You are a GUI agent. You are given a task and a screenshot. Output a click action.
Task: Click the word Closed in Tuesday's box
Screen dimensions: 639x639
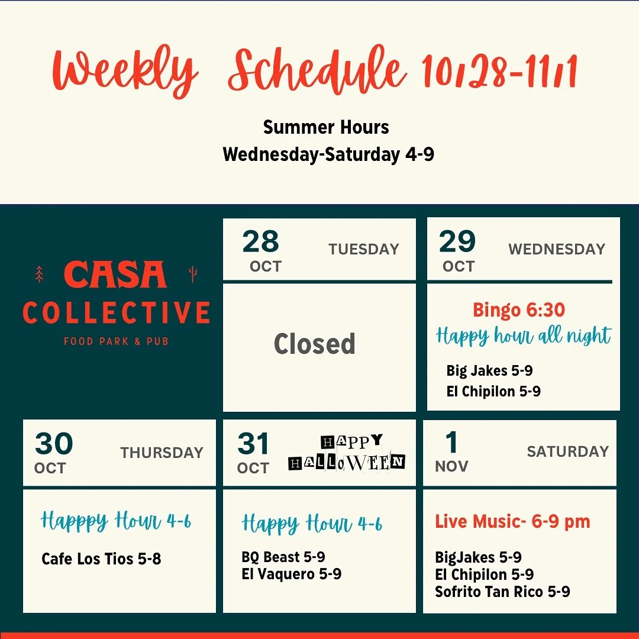point(314,344)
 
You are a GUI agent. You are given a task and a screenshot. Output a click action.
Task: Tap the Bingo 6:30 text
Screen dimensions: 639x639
point(518,309)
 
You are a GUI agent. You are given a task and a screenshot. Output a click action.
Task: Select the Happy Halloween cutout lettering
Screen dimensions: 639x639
point(347,453)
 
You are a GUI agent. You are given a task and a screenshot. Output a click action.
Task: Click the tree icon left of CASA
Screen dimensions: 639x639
point(40,274)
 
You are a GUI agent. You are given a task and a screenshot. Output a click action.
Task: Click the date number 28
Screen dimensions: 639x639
point(260,242)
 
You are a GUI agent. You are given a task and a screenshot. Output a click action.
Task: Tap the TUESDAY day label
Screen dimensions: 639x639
point(364,249)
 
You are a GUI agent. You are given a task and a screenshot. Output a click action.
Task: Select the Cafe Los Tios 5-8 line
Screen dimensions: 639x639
point(101,559)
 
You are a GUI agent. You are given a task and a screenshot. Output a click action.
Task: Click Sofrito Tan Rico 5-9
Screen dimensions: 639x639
point(502,592)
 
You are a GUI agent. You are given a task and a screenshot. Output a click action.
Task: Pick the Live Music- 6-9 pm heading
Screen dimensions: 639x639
point(512,522)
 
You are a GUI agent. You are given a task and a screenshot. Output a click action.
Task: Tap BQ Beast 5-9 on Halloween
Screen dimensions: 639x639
point(283,557)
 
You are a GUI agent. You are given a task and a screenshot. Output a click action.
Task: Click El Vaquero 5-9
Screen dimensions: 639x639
point(291,574)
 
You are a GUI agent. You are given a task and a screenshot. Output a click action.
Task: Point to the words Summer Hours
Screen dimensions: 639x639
point(326,127)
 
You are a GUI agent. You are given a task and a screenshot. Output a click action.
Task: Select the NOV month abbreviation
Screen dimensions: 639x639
point(451,466)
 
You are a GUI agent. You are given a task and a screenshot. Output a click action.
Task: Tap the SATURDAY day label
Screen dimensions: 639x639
point(567,451)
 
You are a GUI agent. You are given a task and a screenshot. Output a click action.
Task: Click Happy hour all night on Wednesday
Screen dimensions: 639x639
point(523,336)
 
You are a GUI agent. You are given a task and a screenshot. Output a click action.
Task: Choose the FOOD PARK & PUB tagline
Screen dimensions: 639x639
point(116,341)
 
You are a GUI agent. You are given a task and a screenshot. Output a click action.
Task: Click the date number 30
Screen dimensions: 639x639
point(54,444)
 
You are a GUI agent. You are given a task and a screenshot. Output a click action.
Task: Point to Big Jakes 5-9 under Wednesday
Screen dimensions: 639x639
point(489,371)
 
